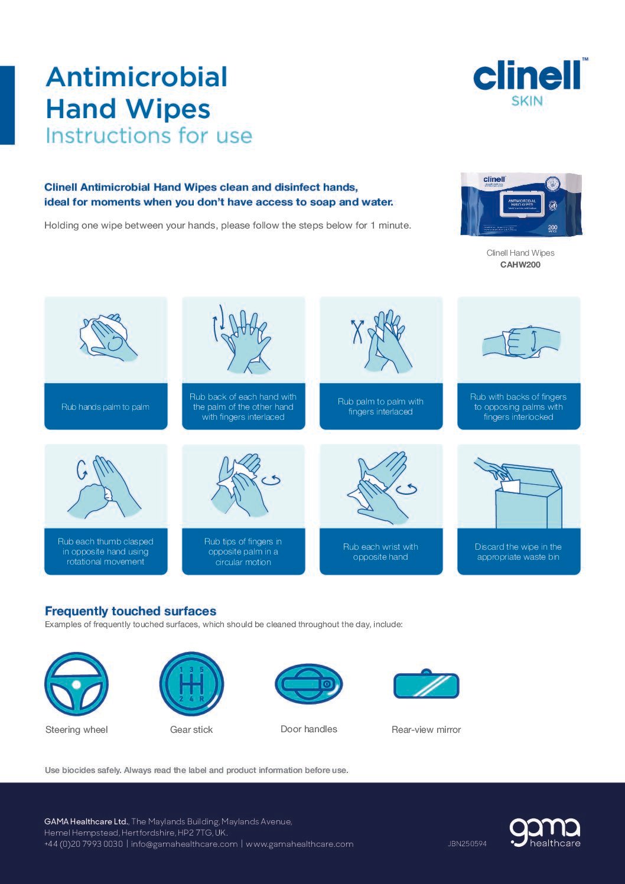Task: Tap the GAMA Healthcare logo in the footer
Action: coord(545,833)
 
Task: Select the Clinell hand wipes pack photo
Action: coord(520,204)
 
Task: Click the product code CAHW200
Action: coord(520,265)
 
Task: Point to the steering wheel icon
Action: coord(76,684)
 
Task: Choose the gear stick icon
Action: coord(191,684)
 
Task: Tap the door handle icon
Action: coord(308,684)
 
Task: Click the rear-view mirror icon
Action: coord(426,685)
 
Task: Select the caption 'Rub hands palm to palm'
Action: coord(105,407)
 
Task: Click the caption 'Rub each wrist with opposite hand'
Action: coord(380,552)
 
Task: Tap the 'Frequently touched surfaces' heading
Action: coord(131,611)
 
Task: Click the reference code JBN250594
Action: coord(467,844)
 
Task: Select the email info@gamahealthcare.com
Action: coord(184,844)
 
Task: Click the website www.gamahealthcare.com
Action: coord(300,844)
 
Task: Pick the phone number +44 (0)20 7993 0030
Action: coord(83,844)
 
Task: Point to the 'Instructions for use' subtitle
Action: coord(149,136)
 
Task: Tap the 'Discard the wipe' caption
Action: coord(518,552)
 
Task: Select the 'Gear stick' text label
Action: coord(191,729)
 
